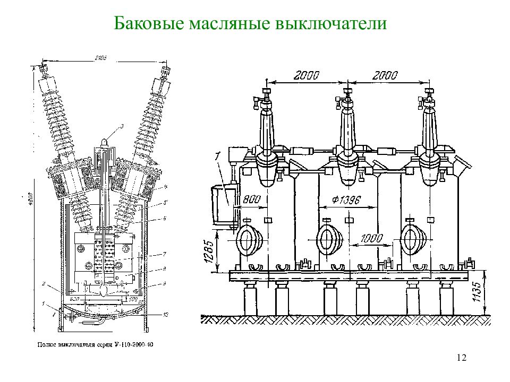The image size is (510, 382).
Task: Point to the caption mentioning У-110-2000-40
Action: tap(95, 345)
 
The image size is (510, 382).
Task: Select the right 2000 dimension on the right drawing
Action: tap(385, 76)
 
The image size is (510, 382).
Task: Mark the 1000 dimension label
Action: tap(371, 239)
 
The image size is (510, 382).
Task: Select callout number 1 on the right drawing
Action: tap(218, 157)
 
